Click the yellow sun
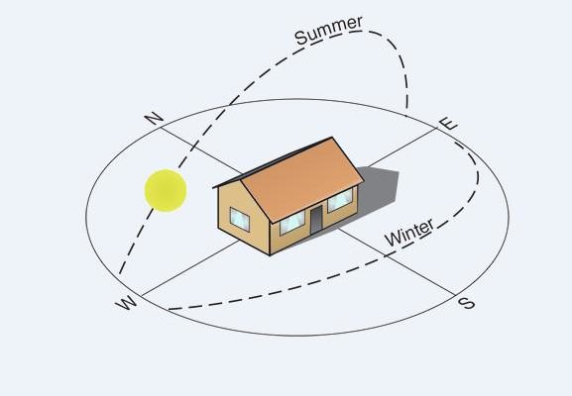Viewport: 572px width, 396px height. coord(166,190)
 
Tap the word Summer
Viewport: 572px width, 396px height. coord(329,31)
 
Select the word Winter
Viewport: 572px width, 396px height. coord(409,233)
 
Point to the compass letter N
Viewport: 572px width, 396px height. coord(154,119)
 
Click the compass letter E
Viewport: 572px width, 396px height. coord(448,124)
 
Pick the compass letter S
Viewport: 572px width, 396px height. coord(467,303)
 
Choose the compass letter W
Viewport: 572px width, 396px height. coord(126,302)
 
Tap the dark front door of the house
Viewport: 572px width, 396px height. coord(316,220)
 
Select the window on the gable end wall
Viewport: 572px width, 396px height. coord(240,220)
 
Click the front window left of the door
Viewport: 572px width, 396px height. coord(292,223)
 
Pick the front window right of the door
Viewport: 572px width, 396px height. coord(340,200)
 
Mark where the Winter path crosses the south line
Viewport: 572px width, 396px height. coord(387,256)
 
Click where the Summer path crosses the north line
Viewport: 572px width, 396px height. coord(193,148)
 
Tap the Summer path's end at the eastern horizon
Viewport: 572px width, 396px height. coord(406,116)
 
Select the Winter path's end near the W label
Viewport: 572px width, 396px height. coord(169,309)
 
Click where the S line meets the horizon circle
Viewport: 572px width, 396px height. coord(455,294)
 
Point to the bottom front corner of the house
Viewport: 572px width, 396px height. coord(270,255)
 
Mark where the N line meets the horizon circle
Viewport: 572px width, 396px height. coord(161,128)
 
